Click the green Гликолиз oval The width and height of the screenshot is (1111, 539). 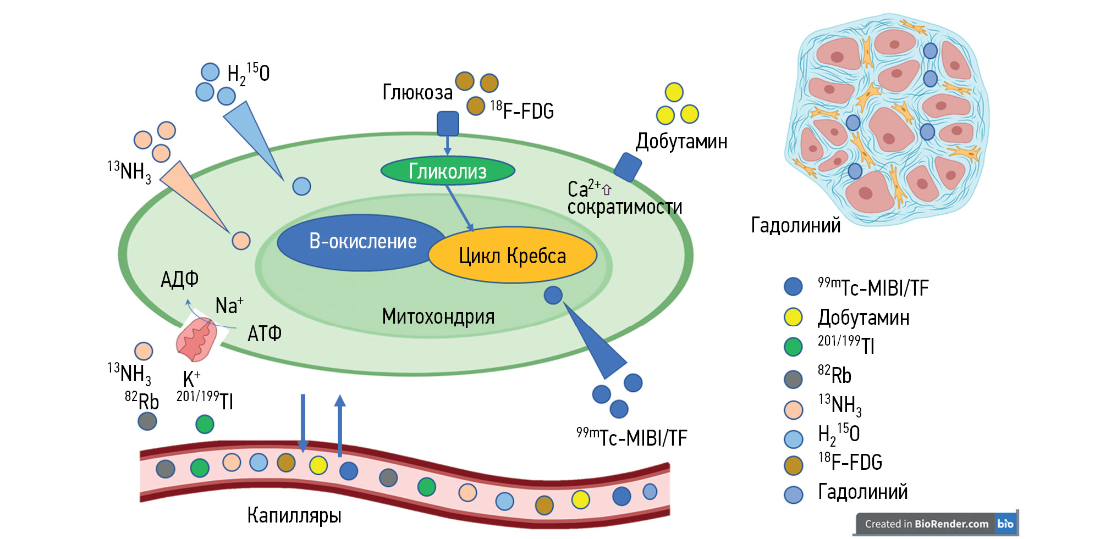click(x=448, y=171)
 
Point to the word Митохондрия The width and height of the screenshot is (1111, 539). click(x=438, y=316)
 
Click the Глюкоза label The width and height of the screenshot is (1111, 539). click(x=417, y=92)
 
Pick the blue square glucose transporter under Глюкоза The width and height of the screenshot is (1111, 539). click(x=448, y=123)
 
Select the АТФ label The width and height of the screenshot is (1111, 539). click(x=265, y=334)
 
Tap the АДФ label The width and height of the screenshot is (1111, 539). click(x=179, y=280)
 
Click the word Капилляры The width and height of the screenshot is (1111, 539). click(x=294, y=515)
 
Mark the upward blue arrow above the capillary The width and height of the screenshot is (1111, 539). click(x=340, y=426)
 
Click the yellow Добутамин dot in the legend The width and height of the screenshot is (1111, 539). click(x=793, y=317)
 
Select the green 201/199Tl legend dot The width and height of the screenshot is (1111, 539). click(x=793, y=347)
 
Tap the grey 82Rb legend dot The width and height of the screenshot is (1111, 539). click(x=793, y=379)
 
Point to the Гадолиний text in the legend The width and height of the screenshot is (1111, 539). click(x=862, y=492)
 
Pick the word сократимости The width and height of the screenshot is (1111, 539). click(x=625, y=207)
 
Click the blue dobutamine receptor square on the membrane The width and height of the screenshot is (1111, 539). click(x=628, y=166)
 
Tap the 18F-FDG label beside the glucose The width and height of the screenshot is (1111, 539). click(x=522, y=110)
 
